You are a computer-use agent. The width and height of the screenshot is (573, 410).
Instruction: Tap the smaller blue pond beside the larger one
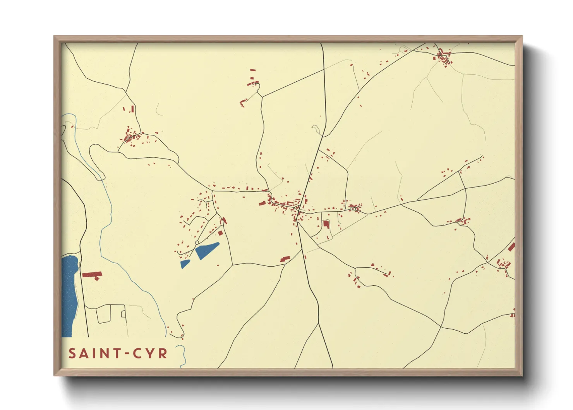click(185, 264)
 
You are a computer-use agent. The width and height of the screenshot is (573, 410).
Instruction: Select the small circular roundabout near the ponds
click(197, 243)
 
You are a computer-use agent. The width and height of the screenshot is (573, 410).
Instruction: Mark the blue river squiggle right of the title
click(182, 356)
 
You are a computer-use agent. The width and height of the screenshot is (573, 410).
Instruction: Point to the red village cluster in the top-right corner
click(444, 57)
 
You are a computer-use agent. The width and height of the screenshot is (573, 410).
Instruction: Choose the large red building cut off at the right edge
click(511, 247)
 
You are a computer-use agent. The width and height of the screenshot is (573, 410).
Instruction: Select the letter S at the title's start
click(72, 353)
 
